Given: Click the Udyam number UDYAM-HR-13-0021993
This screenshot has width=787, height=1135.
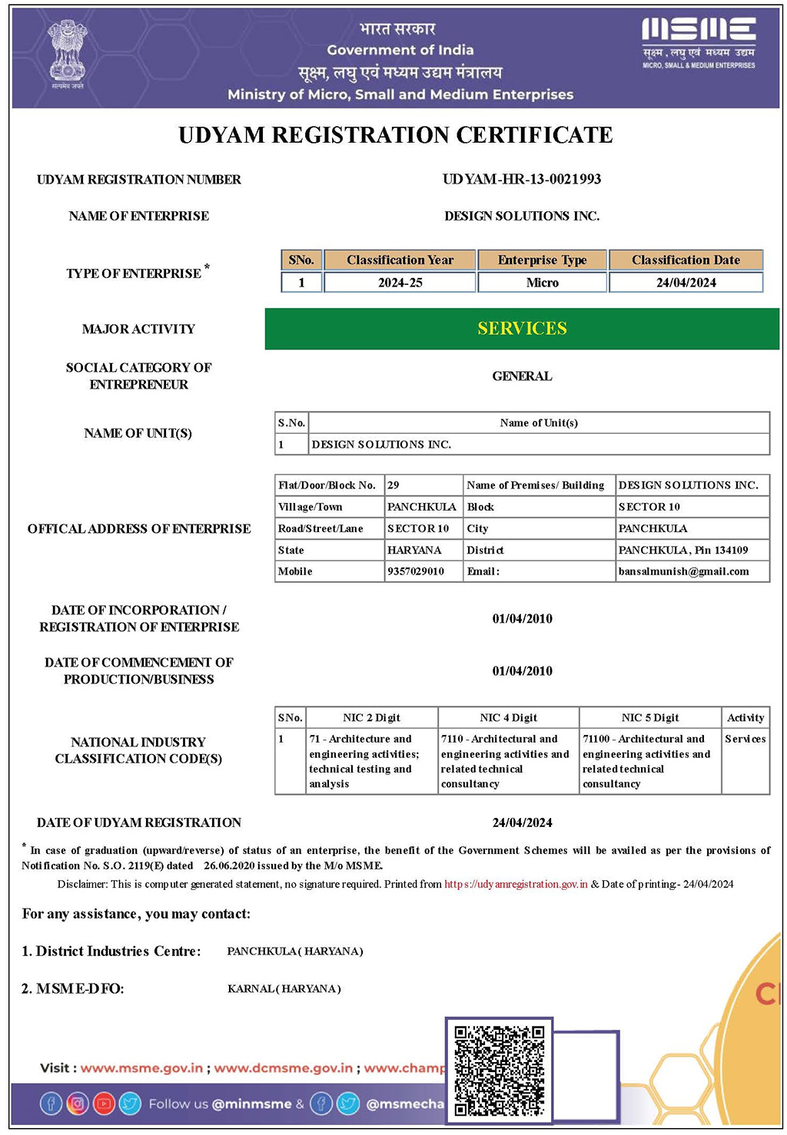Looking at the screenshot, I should tap(522, 179).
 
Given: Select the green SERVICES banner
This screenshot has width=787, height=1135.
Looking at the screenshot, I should tap(522, 329).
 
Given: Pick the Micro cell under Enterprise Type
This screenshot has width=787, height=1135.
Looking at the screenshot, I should tap(542, 283).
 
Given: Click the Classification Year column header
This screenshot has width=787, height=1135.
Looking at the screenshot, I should tap(400, 260).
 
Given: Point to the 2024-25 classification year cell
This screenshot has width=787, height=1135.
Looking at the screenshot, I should tap(400, 283).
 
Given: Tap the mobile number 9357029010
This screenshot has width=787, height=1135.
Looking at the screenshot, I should tap(416, 571).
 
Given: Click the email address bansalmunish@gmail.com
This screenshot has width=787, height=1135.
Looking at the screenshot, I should tap(683, 571).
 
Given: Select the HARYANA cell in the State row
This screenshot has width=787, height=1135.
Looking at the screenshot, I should tap(414, 550).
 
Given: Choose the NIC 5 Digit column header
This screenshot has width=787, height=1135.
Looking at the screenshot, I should tap(650, 717).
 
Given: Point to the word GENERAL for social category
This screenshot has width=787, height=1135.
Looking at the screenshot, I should tap(522, 376).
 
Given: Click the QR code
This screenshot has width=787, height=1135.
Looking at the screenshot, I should tap(499, 1069).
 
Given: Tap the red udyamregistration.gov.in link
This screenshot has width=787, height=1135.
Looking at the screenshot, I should tap(516, 884).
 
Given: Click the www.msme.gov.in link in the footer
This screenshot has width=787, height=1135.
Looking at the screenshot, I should tap(141, 1067).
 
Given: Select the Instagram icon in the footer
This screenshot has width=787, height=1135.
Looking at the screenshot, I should tap(77, 1104).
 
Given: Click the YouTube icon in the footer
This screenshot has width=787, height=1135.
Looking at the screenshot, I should tap(103, 1104).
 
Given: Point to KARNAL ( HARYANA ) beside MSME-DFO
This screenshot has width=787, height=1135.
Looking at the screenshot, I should tap(284, 988).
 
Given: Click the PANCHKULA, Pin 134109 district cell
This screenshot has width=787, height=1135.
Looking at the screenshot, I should tap(682, 550).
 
